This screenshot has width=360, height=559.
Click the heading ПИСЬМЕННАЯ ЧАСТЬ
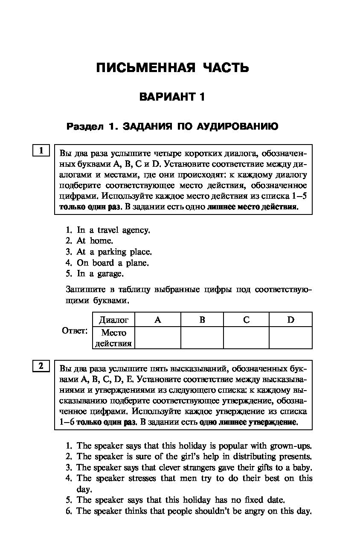click(172, 68)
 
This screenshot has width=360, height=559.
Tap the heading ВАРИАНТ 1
click(172, 97)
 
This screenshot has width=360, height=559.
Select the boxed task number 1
click(41, 151)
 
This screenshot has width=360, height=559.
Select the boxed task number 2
click(41, 366)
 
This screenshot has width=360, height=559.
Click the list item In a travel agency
click(113, 230)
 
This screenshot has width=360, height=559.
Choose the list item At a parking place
click(114, 252)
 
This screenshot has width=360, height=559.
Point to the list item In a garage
click(100, 274)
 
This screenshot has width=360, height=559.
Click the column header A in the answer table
click(157, 320)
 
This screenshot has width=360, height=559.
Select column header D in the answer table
click(290, 320)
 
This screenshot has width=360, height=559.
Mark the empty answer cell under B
click(202, 338)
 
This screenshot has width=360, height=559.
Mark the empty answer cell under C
click(246, 338)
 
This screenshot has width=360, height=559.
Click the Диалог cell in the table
click(113, 320)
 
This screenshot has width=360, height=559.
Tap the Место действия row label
click(113, 338)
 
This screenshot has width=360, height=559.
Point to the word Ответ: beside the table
click(75, 331)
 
